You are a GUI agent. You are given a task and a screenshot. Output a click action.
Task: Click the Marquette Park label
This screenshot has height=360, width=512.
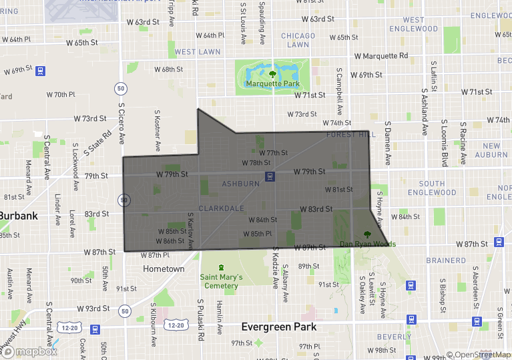coord(272,83)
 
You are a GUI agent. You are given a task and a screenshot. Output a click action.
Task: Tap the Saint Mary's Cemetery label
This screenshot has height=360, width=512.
coord(221,281)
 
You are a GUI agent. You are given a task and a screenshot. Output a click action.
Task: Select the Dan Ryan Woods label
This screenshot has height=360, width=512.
coord(367,244)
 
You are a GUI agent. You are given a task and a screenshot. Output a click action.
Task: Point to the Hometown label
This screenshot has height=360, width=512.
coord(164,268)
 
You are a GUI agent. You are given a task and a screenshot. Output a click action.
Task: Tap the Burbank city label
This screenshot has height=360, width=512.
coord(19,216)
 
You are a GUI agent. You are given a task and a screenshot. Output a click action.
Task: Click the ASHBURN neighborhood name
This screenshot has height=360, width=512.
coord(241,184)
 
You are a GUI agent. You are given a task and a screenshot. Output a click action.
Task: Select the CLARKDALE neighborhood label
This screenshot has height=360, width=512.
coord(221,208)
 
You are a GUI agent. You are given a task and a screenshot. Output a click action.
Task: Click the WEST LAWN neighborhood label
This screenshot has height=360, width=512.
coord(198,51)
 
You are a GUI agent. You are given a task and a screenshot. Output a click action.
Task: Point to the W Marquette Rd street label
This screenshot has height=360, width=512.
coord(380,56)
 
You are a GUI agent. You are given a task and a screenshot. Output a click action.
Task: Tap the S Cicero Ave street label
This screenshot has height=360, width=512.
coord(122,123)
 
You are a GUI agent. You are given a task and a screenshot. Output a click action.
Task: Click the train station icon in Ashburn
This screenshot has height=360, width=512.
coord(270,176)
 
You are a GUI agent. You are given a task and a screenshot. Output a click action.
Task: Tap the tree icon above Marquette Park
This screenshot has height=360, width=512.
coord(272,73)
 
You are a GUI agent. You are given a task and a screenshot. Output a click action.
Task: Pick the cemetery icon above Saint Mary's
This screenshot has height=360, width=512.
coord(221,267)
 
